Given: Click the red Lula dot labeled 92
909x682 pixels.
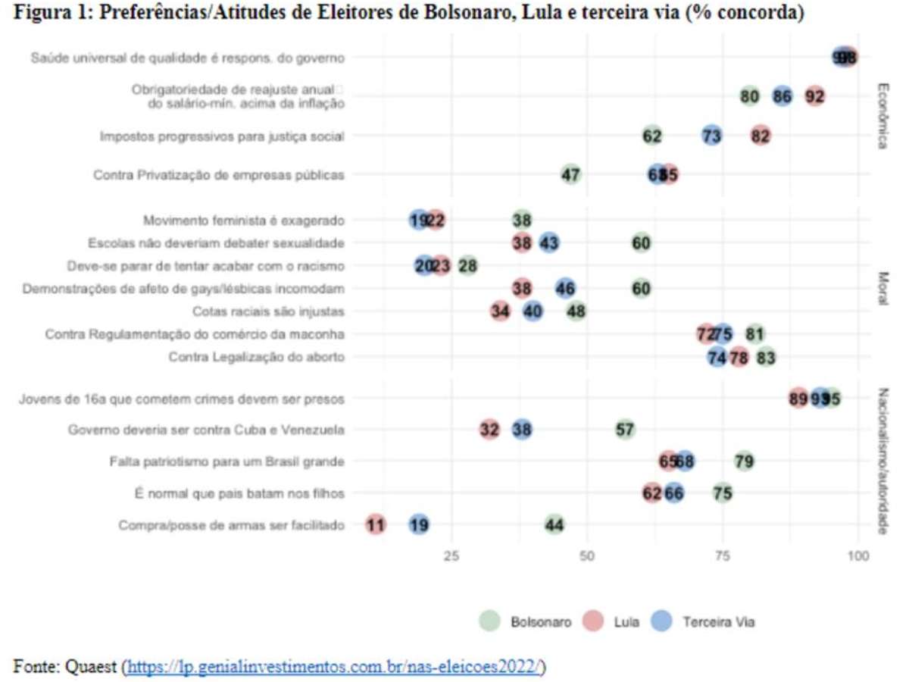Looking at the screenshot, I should tap(815, 96).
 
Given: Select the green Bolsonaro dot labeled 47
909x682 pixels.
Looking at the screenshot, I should tap(571, 174).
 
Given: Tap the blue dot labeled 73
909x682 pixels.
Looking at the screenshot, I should tap(711, 136).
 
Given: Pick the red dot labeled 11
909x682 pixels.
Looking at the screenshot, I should tap(376, 524).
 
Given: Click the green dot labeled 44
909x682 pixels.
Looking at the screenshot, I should tap(554, 524).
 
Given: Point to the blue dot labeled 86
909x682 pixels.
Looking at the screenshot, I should tap(782, 96).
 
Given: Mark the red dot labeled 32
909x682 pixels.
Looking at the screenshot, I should tap(489, 430).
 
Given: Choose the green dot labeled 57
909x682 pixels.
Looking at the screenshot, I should tap(625, 430).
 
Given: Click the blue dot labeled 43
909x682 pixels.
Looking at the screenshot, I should tap(549, 243).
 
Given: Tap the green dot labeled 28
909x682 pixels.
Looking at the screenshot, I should tap(467, 266).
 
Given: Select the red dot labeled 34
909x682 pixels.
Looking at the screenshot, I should tap(500, 311).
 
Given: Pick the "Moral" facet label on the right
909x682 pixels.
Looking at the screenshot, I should tap(882, 289).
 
